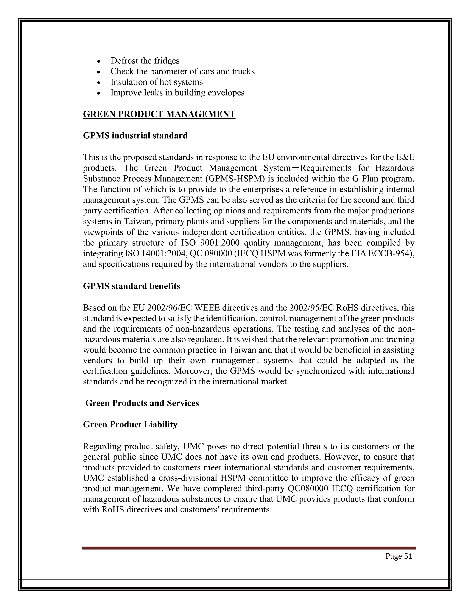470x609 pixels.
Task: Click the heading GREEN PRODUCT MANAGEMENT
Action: (x=159, y=114)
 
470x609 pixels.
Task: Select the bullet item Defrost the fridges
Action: (x=145, y=61)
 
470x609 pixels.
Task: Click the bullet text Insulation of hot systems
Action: (x=157, y=82)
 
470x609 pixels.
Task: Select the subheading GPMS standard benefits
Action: (x=131, y=286)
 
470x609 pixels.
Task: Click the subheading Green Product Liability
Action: (x=130, y=425)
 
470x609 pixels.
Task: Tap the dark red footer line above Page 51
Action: (x=248, y=548)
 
